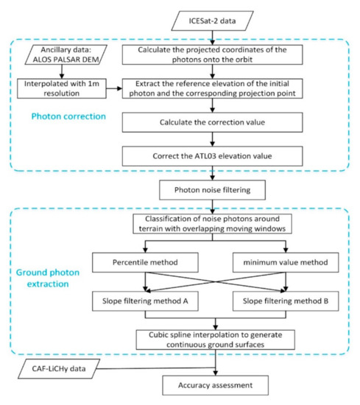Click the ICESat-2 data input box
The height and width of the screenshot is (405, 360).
click(x=216, y=17)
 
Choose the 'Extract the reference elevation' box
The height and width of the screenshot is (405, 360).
click(x=215, y=90)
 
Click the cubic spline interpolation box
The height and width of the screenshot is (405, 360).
click(x=215, y=338)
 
